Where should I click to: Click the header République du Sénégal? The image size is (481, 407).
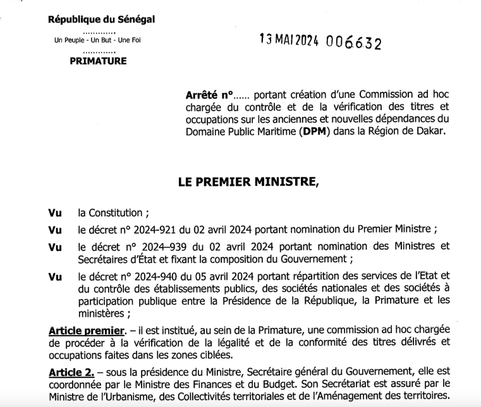click(102, 19)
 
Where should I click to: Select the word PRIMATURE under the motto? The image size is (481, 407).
click(98, 61)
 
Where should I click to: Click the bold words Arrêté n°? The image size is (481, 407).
click(209, 95)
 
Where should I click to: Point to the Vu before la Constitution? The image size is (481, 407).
click(54, 214)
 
